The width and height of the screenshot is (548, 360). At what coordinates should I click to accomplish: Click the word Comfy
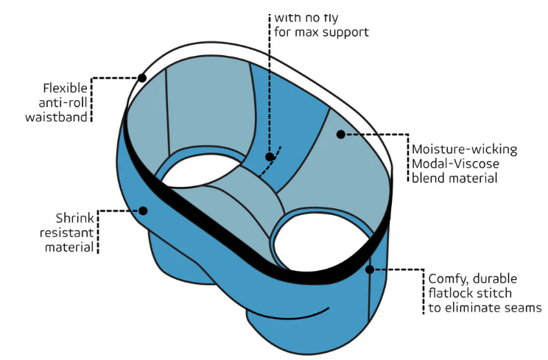coord(451,278)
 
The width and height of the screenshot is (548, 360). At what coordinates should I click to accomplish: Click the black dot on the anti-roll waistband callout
coord(142,77)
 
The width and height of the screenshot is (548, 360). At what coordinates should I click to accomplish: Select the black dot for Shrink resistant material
coord(143,211)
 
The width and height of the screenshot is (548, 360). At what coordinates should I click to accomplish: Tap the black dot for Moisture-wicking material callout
coord(340,134)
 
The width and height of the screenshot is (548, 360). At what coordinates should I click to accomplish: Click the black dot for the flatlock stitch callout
coord(370,269)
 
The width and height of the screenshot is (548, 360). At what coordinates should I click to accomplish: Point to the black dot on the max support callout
coord(270,156)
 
